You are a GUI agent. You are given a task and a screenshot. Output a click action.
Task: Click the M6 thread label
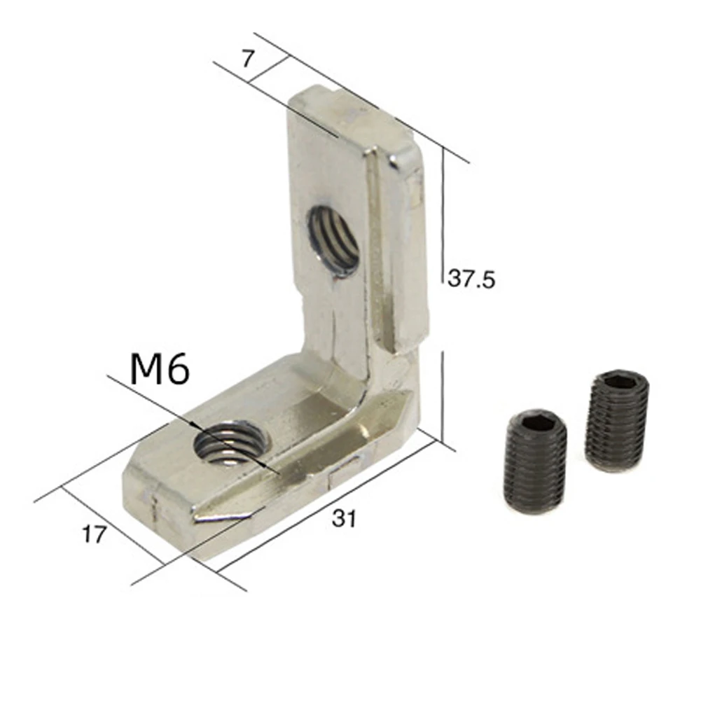(160, 369)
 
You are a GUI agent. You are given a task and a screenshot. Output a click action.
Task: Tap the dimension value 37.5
(471, 279)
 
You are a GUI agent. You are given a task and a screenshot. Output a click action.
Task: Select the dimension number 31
(345, 519)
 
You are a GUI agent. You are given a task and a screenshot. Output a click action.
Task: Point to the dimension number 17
(95, 535)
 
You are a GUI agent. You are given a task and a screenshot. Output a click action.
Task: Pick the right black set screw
(617, 420)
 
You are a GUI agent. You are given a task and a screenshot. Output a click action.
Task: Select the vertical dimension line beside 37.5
(443, 217)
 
